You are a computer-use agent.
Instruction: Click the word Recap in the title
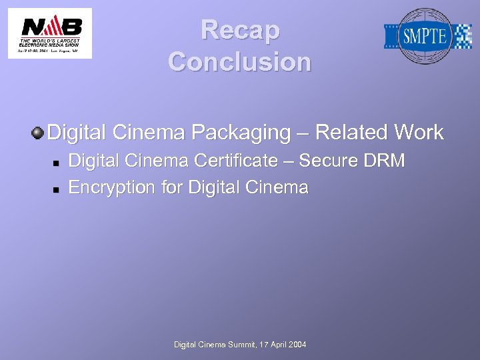pos(240,30)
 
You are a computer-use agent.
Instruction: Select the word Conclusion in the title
pos(240,62)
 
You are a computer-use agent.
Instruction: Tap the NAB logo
pos(50,33)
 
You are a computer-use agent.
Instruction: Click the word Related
pos(352,132)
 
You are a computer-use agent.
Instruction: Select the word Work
pos(419,132)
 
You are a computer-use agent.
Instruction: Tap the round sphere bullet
pos(37,132)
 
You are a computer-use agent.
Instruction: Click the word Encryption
pos(112,188)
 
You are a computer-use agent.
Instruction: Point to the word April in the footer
pos(278,345)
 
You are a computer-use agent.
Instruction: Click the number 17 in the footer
pos(260,345)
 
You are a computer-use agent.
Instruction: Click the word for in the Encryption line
pos(172,187)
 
